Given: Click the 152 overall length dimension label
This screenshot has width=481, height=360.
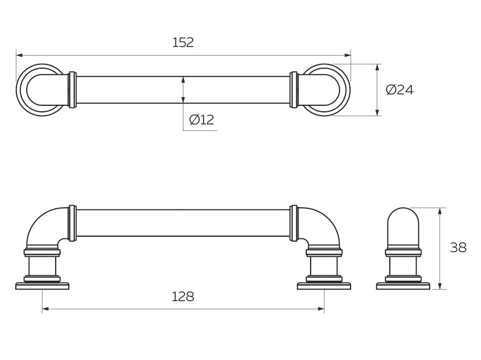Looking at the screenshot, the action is tap(183, 42).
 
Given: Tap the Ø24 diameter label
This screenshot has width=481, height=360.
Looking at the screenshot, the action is tap(400, 90).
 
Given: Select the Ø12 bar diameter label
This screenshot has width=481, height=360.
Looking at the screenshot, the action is tap(201, 120).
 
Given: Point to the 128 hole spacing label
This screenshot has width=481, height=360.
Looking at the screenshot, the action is tap(183, 297).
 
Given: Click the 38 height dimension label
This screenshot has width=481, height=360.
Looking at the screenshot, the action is tap(458, 248).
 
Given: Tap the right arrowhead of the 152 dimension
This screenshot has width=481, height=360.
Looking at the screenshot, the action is tap(348, 55).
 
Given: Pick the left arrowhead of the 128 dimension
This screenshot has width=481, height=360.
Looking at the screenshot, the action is tap(45, 309).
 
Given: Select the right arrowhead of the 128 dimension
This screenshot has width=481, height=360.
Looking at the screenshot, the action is tap(321, 309).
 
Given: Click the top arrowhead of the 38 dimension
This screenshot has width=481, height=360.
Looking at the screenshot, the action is tap(440, 211).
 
